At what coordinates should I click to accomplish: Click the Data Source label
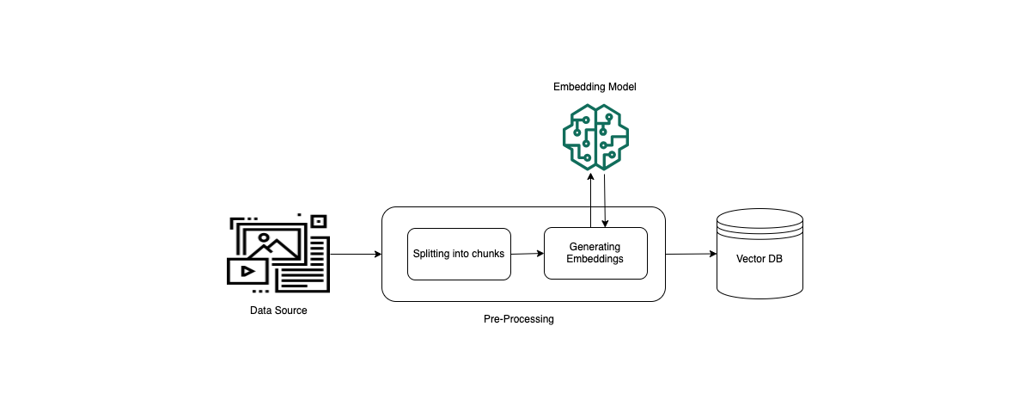tap(278, 311)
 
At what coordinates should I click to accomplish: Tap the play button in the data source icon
tap(247, 270)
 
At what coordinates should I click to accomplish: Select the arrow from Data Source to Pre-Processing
tap(355, 254)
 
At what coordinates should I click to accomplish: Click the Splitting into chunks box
tap(459, 254)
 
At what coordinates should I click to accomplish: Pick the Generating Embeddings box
tap(595, 253)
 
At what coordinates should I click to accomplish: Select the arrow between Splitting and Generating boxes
tap(528, 254)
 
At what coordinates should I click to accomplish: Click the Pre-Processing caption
tap(519, 319)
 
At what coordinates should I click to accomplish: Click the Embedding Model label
tap(595, 87)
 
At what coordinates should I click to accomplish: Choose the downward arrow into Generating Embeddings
tap(607, 202)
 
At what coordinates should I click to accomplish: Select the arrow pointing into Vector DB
tap(691, 254)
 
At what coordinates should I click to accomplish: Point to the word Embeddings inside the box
tap(595, 259)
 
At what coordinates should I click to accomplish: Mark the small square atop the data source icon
tap(319, 221)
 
